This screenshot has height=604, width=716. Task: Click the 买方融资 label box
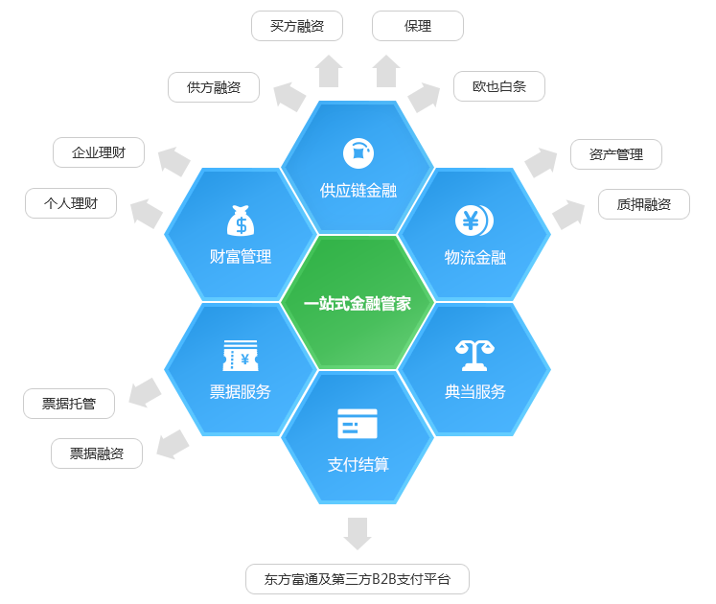pos(297,26)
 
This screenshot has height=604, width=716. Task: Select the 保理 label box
pos(418,26)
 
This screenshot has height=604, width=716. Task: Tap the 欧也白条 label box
pos(499,86)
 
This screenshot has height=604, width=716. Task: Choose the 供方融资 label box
pos(214,87)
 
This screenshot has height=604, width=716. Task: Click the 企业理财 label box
pos(99,152)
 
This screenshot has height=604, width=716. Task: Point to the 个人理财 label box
pos(71,203)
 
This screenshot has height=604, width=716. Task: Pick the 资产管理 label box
pos(616,154)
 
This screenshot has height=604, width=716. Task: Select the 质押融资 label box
pos(644,204)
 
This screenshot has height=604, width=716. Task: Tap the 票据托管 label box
pos(69,404)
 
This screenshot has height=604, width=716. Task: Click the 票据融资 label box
pos(97,453)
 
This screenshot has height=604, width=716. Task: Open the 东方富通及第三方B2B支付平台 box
pos(358,579)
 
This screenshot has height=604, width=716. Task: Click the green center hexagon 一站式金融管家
pos(358,303)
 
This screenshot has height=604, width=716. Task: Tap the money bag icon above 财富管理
pos(241,220)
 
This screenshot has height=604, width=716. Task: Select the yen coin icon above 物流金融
pos(473,221)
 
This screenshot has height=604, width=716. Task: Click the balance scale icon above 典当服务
pos(473,355)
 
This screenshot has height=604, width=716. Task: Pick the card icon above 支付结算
pos(358,424)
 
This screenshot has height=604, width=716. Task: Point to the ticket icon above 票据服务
pos(240,356)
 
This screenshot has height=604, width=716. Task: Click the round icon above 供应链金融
pos(358,151)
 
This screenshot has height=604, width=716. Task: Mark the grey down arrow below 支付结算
pos(358,533)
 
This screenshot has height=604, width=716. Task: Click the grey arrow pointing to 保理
pos(386,71)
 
